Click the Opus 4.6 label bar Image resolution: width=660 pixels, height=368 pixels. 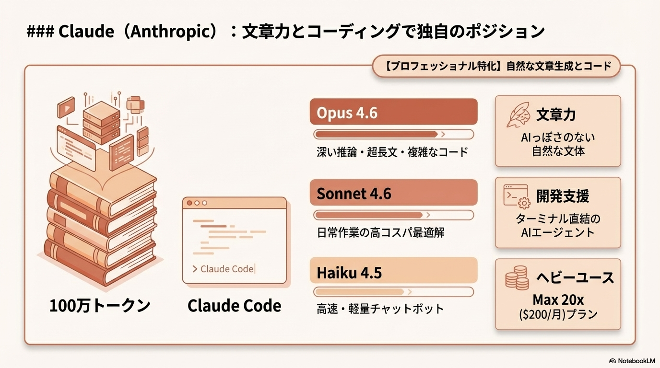tap(393, 112)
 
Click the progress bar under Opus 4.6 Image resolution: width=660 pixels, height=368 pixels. tap(393, 134)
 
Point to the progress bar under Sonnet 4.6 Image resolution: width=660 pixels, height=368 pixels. tap(393, 215)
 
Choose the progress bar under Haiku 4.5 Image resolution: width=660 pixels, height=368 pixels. tap(393, 292)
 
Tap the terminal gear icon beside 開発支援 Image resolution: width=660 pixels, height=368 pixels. tap(516, 196)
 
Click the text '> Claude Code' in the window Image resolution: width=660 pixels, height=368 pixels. tap(223, 269)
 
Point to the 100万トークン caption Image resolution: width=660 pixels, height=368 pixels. tap(100, 306)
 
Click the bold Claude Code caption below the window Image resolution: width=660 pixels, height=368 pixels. tap(234, 306)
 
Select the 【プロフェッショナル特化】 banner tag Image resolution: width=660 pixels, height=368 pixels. tap(496, 66)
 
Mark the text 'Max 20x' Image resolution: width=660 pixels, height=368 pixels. tap(558, 300)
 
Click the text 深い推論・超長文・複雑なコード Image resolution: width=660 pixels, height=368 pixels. tap(392, 152)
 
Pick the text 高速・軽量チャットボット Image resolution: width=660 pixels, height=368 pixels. tap(380, 309)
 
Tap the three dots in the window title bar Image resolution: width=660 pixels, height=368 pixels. tap(197, 203)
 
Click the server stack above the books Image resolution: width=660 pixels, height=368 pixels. tap(101, 120)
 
